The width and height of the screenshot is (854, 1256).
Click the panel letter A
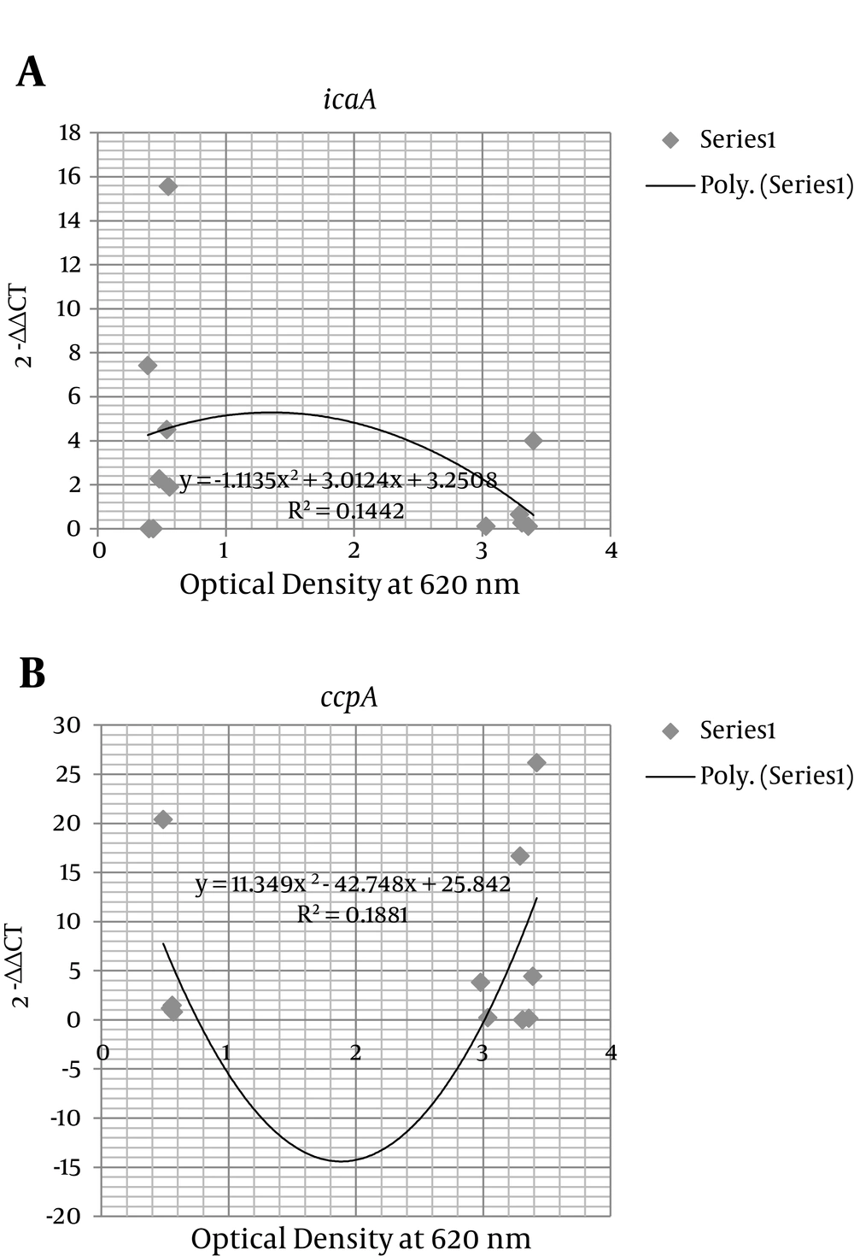(31, 73)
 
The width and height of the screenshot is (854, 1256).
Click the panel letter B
(32, 673)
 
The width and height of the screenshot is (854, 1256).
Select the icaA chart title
(349, 100)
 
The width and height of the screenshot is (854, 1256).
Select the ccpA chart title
(348, 697)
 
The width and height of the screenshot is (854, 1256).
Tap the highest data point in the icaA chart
(167, 185)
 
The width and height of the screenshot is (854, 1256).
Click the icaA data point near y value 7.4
(147, 366)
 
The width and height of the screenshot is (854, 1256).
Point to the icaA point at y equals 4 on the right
(533, 440)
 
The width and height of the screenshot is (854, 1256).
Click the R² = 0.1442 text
(346, 511)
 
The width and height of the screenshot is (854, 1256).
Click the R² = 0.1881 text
(352, 914)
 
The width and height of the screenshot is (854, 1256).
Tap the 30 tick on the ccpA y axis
(69, 725)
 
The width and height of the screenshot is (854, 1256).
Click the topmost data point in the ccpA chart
(536, 762)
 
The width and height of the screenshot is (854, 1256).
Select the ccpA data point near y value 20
(162, 819)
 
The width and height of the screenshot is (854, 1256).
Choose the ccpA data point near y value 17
(519, 856)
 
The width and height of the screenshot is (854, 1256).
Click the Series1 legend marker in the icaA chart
(671, 140)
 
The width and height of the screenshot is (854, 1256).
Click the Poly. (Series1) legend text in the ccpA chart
(775, 775)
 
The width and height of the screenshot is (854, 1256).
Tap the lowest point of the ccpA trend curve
(340, 1161)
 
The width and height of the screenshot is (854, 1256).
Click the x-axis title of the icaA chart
(349, 584)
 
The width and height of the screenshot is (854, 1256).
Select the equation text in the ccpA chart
(353, 883)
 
